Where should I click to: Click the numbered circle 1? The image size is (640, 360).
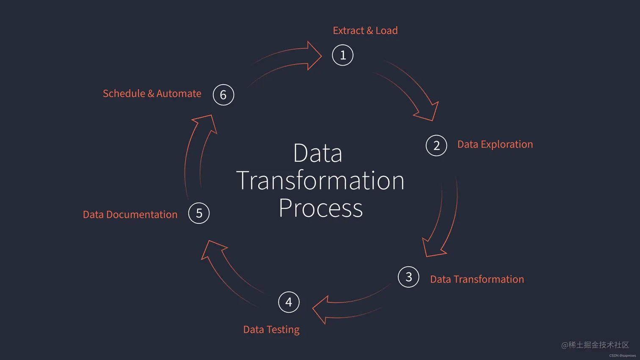343,55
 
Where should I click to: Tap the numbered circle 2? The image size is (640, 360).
436,146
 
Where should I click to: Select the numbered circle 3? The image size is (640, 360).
408,277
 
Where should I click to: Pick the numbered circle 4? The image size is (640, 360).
289,302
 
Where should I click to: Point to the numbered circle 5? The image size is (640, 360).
199,213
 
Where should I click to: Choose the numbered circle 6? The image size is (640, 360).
223,95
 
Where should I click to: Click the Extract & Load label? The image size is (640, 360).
365,30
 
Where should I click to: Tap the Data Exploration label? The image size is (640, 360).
495,144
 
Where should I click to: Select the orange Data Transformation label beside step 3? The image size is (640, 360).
477,279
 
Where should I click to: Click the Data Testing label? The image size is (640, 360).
271,330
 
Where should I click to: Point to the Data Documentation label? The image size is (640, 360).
130,214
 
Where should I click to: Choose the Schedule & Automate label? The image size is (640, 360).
152,93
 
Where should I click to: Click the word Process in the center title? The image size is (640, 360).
320,208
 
